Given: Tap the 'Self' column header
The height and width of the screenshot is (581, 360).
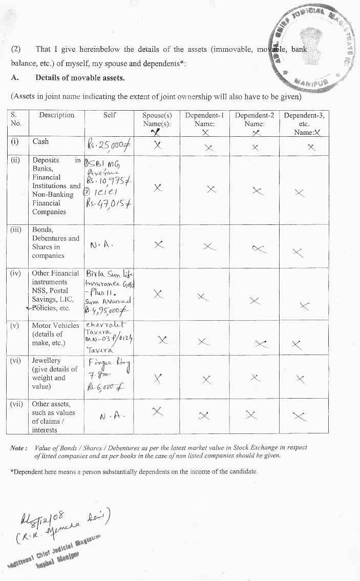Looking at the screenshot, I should (110, 115).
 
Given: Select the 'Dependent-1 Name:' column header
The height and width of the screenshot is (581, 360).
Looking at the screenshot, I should (204, 119).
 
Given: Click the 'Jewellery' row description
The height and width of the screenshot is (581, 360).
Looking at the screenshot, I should (46, 361).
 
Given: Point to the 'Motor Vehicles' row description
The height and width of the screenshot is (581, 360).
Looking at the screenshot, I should (55, 325).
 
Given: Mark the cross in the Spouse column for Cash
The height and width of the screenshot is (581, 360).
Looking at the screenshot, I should (157, 145).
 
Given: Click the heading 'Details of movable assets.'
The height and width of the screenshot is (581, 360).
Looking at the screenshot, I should (80, 78).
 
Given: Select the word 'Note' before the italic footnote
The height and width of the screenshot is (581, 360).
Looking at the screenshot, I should (18, 448).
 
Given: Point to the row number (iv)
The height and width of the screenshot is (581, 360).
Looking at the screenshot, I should (16, 274).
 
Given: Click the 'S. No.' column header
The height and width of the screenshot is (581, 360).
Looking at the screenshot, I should (16, 119).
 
